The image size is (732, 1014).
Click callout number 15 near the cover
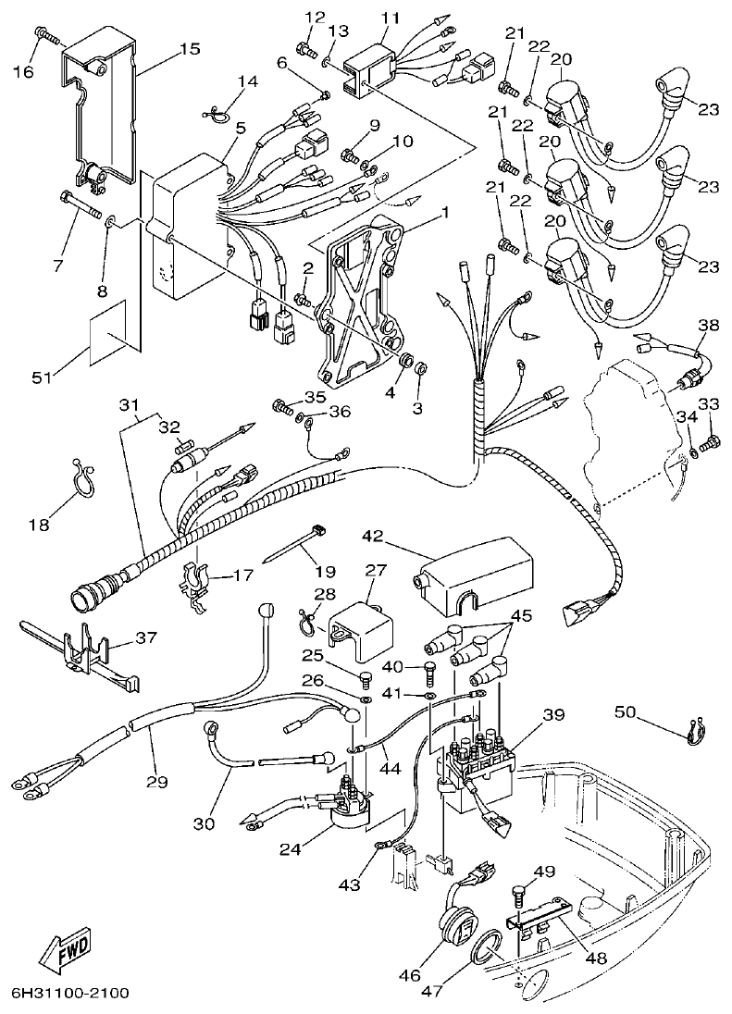click(189, 49)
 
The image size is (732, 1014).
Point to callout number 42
click(373, 535)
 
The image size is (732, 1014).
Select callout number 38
click(707, 325)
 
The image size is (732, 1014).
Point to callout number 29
click(156, 782)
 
